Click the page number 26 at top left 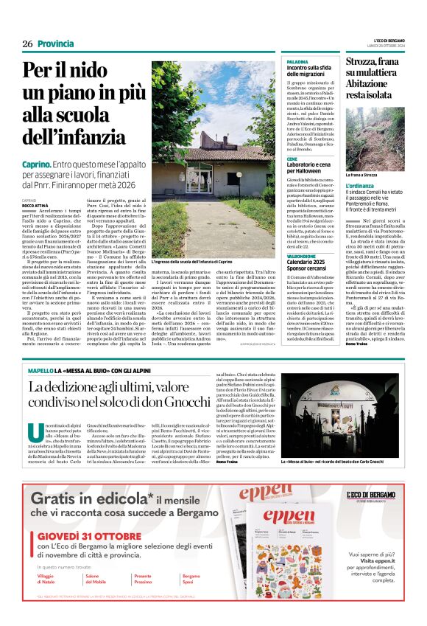tap(27, 44)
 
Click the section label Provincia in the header tap(55, 44)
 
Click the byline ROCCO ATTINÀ tap(35, 205)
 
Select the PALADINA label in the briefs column tap(297, 62)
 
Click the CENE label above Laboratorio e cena tap(292, 159)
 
